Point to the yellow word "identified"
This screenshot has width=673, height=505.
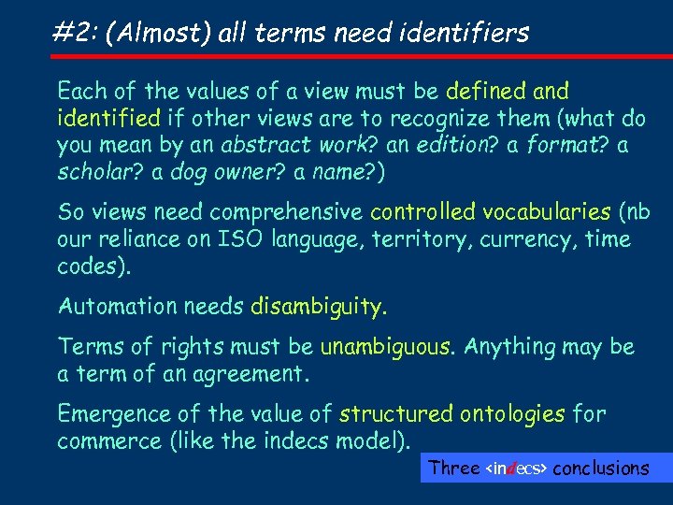(108, 119)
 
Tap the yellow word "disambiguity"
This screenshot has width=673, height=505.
(317, 306)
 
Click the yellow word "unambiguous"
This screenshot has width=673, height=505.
(387, 347)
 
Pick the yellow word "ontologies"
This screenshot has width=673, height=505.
(508, 414)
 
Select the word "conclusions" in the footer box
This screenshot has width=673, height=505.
(601, 468)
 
